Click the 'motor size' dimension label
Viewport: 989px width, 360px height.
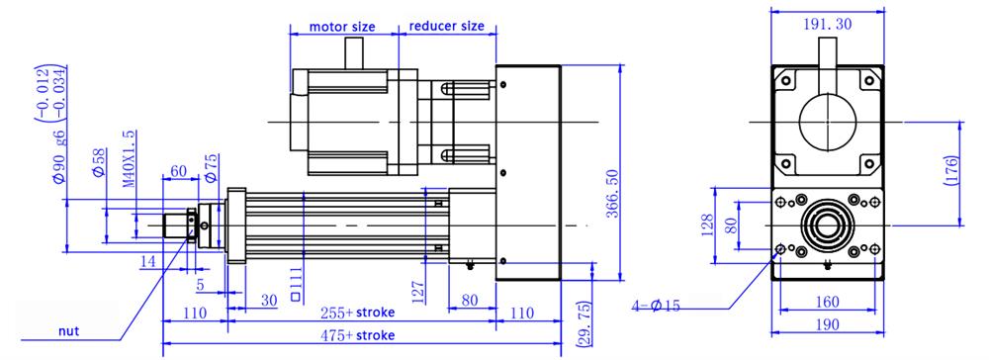[x=342, y=27]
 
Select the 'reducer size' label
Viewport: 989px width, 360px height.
[x=447, y=26]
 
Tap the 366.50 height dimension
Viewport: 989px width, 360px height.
[x=612, y=194]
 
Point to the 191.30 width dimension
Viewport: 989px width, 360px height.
[x=828, y=24]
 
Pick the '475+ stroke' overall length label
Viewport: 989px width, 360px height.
[x=357, y=335]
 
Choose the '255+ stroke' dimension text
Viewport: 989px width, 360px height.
[x=357, y=313]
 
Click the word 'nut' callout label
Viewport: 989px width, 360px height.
[x=69, y=331]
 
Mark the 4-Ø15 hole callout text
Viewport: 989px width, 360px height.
[x=656, y=307]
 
